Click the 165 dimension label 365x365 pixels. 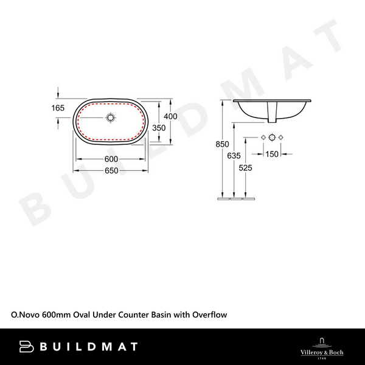pyautogui.click(x=58, y=108)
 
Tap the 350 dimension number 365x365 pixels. pyautogui.click(x=159, y=128)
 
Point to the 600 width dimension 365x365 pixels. pyautogui.click(x=111, y=159)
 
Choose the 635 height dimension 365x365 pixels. pyautogui.click(x=234, y=156)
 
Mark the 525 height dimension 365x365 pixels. pyautogui.click(x=246, y=168)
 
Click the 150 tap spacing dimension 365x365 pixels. pyautogui.click(x=271, y=155)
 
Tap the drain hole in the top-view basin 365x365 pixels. pyautogui.click(x=111, y=116)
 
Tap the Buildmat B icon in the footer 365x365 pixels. pyautogui.click(x=25, y=347)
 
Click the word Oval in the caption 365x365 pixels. pyautogui.click(x=82, y=315)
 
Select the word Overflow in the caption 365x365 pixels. pyautogui.click(x=210, y=315)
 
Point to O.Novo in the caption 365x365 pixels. pyautogui.click(x=23, y=315)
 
